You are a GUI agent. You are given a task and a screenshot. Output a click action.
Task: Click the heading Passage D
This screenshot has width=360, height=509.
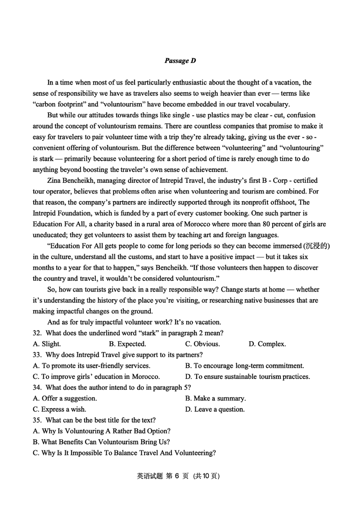180,61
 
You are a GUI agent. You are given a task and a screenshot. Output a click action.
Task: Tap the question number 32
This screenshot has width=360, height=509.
37,333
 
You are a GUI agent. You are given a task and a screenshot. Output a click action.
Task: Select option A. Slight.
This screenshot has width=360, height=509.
47,344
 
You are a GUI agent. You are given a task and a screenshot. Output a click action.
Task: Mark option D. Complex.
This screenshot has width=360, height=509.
267,344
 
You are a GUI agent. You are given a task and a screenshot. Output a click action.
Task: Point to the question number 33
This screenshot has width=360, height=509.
37,355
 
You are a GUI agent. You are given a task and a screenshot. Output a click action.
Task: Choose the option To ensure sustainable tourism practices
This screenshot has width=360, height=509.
247,376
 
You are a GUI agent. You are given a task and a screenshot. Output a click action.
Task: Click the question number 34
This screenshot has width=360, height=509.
37,387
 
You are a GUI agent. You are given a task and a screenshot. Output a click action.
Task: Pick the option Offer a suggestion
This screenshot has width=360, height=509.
65,398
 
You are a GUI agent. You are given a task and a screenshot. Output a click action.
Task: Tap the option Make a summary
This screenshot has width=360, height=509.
216,398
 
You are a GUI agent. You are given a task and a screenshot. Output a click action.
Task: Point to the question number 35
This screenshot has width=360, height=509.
37,420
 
